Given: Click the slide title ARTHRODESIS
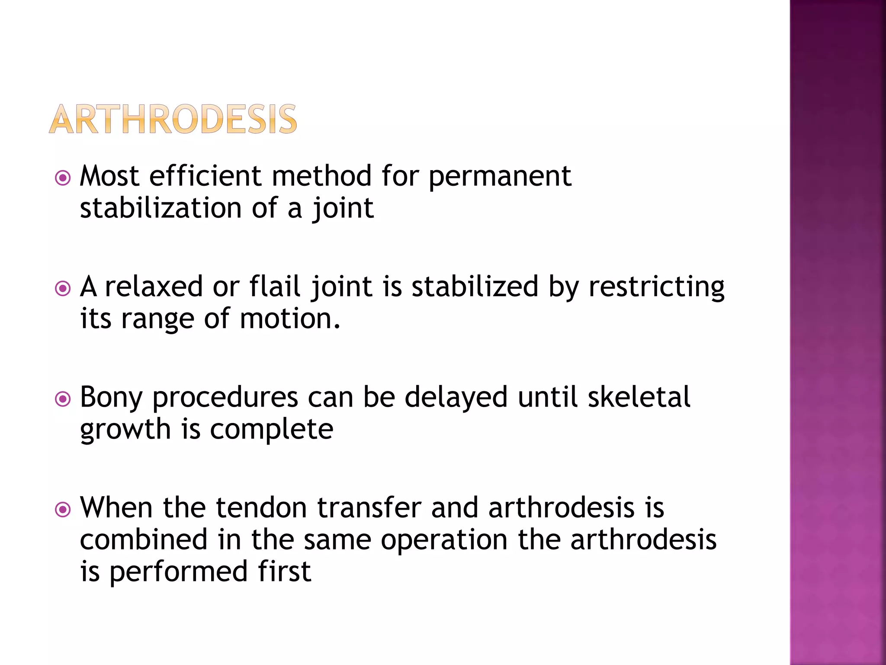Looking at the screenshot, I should pos(173,119).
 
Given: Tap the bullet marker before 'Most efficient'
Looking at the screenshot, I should pos(63,178).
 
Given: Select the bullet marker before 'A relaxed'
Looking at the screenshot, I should pos(63,288).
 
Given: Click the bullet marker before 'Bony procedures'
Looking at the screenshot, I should pos(63,399).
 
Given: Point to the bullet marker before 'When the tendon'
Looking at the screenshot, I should pos(63,510).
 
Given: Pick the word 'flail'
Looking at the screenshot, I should pos(275,287).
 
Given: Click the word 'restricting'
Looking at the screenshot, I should pos(656,287).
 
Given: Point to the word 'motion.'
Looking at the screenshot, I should pos(290,319).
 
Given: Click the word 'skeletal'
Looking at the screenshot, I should pos(639,397).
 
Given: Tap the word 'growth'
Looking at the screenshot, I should pos(125,430).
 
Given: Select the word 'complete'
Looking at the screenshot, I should pos(272,430).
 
